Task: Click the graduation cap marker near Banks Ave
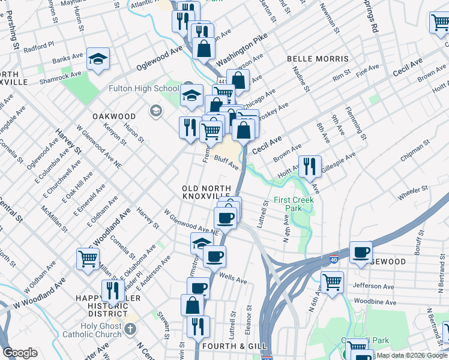[98, 59]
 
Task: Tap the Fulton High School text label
[143, 89]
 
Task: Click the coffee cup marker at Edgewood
[361, 251]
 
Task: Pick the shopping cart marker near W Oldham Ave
[88, 259]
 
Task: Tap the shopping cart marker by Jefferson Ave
[332, 281]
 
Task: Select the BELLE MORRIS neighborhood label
[318, 59]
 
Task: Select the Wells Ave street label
[234, 280]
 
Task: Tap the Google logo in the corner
[20, 353]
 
